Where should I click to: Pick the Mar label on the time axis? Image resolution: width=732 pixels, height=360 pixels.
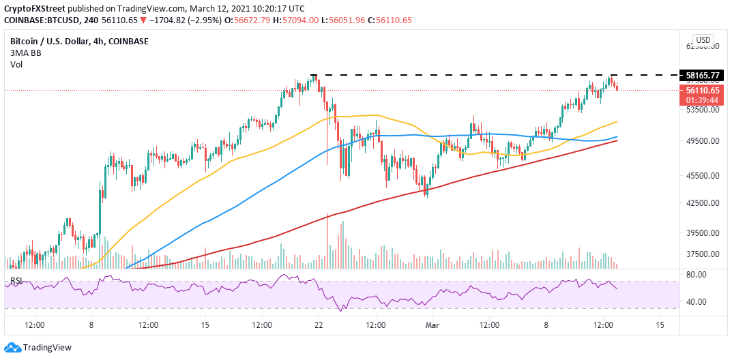[432, 325]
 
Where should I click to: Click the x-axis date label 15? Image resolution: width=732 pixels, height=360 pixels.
[205, 325]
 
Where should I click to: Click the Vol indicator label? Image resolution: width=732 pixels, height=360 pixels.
[16, 64]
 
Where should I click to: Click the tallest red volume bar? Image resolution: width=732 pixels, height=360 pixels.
[328, 241]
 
